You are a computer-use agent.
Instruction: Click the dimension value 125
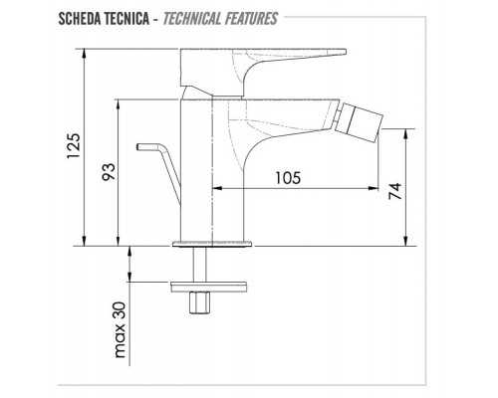coord(74,146)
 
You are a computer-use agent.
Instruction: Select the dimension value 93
coord(109,171)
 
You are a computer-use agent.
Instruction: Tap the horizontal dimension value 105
coord(288,178)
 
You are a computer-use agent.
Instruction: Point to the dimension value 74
coord(395,191)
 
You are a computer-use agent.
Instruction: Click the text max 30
coord(120,329)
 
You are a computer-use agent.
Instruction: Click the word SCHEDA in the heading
coord(80,19)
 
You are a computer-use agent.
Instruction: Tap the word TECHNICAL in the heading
coord(191,19)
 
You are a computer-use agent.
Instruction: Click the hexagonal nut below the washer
coord(199,302)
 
